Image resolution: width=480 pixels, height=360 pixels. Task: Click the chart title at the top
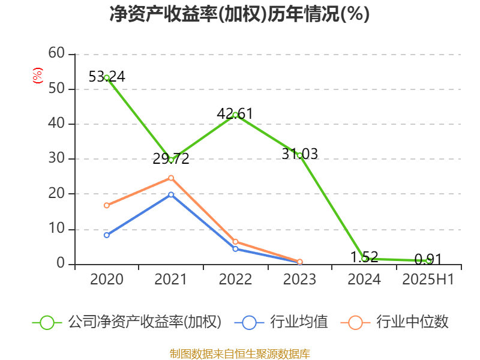pos(239,14)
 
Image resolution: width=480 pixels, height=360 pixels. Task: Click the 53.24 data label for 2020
pos(106,77)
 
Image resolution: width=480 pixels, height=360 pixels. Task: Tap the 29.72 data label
pos(170,159)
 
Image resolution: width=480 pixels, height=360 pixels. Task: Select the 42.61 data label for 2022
pos(235,113)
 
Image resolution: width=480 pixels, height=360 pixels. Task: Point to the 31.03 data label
pos(299,154)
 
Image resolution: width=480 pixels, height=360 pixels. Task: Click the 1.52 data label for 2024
pos(364,257)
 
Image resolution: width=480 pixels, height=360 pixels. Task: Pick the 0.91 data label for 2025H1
pos(428,259)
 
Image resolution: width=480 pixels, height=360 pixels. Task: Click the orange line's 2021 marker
pos(171,178)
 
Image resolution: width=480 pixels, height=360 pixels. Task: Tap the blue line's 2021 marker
pos(171,194)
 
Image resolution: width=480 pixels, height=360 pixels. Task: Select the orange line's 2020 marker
pos(107,205)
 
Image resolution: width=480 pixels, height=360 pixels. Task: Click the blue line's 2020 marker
pos(107,235)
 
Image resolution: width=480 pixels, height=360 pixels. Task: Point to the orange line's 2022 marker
pos(235,242)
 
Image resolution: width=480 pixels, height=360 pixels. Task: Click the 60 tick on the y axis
pos(56,53)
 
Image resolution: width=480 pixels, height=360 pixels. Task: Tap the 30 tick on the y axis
pos(56,159)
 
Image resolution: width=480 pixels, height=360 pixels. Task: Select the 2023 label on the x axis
pos(299,279)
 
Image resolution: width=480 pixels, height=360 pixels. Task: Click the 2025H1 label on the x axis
pos(428,279)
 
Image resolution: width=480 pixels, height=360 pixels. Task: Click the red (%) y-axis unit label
pos(37,75)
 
